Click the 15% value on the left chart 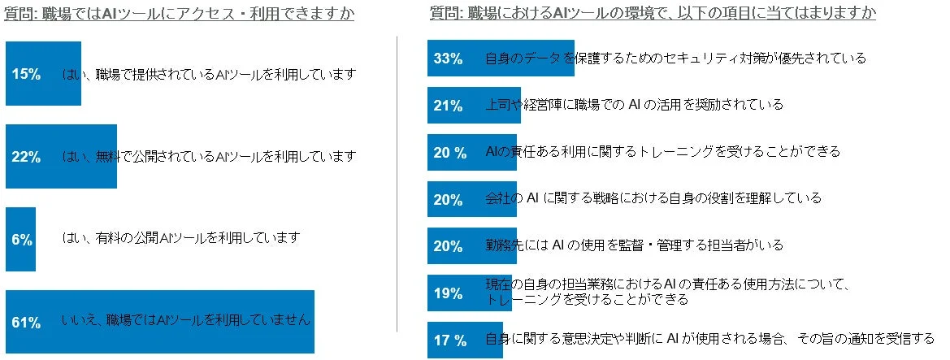pos(27,74)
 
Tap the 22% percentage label pos(27,157)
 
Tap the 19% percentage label pos(448,293)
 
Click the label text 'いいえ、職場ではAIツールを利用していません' pos(186,320)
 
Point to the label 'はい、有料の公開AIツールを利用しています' pos(181,238)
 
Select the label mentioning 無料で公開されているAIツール pos(209,156)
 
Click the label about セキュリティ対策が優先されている pos(675,58)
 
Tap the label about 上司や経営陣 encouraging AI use pos(634,105)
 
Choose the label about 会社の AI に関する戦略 pos(653,197)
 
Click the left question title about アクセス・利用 pos(180,14)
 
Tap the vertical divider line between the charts pos(397,183)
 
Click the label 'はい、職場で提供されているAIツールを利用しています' pos(209,74)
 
